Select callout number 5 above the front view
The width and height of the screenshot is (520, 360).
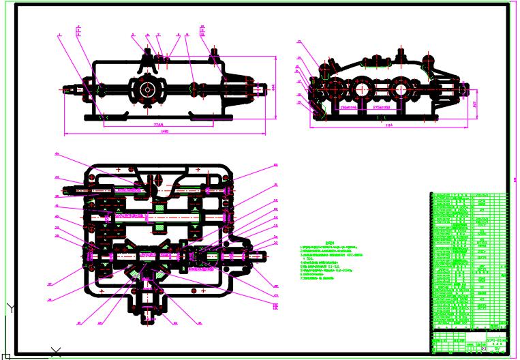click(132, 33)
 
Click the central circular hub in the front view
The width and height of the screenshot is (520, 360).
click(147, 89)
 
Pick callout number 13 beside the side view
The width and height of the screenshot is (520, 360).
click(299, 42)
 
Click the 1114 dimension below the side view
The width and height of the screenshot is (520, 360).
click(389, 126)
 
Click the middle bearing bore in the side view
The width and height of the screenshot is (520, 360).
click(362, 89)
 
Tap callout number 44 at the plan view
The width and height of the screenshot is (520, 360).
click(57, 153)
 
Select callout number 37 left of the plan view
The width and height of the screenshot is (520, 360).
click(50, 285)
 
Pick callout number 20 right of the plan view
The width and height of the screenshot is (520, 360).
click(276, 165)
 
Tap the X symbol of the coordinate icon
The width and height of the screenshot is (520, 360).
click(56, 352)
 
